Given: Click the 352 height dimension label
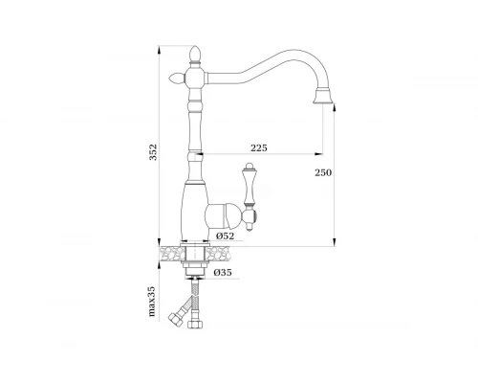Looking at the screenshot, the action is coord(153,152).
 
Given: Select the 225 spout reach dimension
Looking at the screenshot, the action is coord(259,147).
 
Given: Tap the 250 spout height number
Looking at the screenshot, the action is coord(323,172).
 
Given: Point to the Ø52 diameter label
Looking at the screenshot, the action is coord(225,237).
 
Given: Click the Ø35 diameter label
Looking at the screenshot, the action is coord(223,272).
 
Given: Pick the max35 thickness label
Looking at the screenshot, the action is coord(152,301).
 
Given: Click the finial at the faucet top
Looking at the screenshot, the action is coord(195,55).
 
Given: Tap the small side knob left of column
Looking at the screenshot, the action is coord(176,78).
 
